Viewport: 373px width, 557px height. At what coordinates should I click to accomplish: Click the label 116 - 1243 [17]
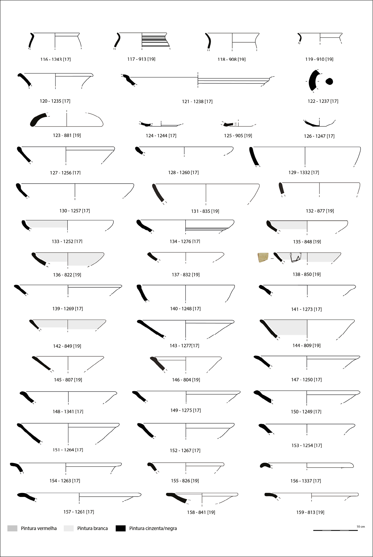[56, 59]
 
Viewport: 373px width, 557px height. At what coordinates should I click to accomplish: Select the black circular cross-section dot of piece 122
[329, 81]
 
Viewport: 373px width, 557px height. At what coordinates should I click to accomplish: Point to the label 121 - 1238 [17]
[197, 101]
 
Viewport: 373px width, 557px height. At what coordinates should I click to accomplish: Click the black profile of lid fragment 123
[38, 120]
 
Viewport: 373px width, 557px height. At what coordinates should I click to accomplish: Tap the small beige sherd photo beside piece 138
[263, 257]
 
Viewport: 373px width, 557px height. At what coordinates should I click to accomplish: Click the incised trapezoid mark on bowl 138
[296, 257]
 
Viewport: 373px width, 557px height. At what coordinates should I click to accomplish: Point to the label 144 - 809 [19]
[307, 345]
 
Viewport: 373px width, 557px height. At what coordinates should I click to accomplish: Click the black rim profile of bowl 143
[151, 328]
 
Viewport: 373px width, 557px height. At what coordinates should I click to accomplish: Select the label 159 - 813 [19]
[310, 512]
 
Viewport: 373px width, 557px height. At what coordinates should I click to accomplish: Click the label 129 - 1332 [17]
[304, 172]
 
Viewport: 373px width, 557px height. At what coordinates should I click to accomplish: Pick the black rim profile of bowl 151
[29, 434]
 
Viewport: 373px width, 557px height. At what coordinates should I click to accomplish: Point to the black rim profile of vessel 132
[281, 188]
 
